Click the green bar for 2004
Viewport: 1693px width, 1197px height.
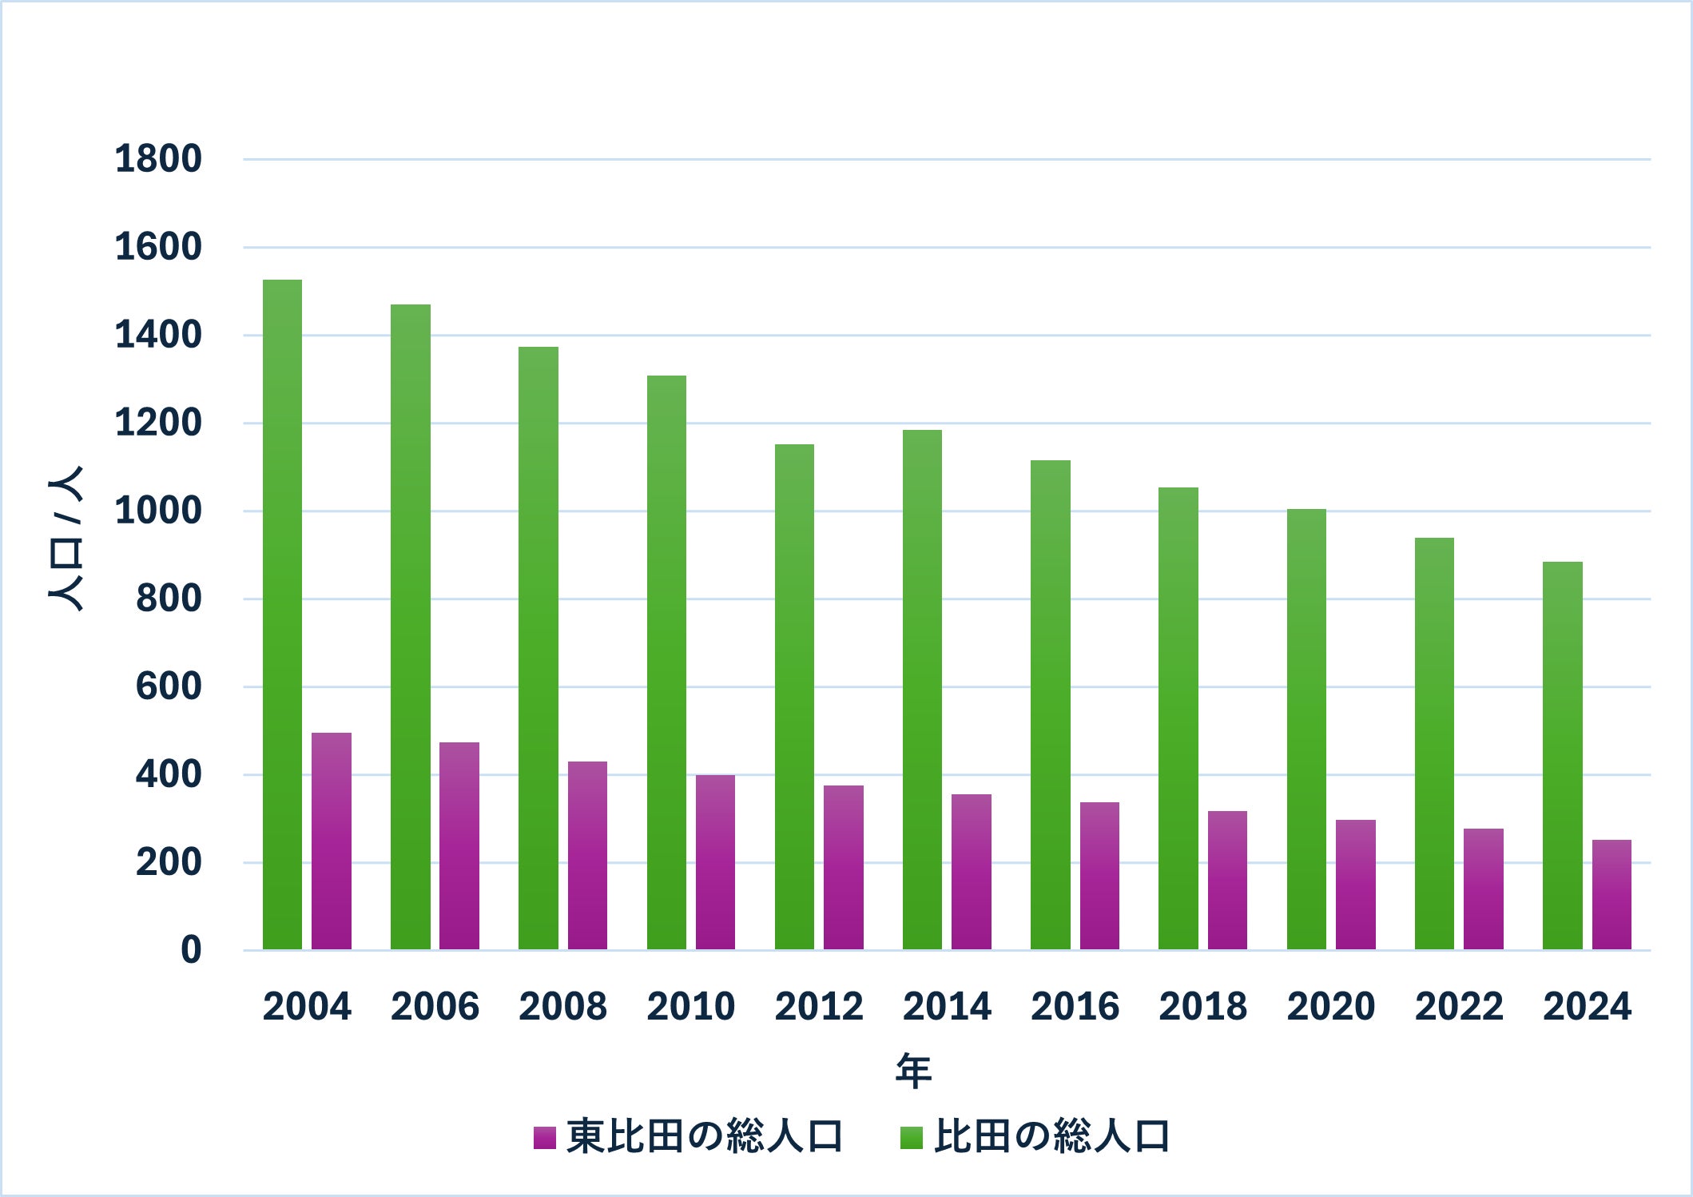click(282, 614)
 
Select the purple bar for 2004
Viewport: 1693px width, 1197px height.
click(331, 841)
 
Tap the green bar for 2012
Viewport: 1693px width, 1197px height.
click(794, 697)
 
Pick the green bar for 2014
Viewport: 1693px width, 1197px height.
click(922, 690)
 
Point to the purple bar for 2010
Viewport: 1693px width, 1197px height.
click(715, 862)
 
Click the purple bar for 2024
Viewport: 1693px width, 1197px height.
click(1612, 894)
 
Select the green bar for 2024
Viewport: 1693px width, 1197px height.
click(1562, 755)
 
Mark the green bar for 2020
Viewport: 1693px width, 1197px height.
click(1306, 729)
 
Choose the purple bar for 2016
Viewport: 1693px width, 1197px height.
click(1099, 876)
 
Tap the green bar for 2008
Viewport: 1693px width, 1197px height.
click(539, 648)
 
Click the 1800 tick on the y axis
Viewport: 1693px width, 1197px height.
click(158, 159)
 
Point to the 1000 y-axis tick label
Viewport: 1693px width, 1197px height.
click(158, 511)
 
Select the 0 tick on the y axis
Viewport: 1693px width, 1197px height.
click(191, 951)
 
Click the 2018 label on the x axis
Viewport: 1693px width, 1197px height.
click(1202, 1007)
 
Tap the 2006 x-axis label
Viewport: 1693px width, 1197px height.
click(435, 1007)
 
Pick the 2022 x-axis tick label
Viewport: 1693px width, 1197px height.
click(1459, 1007)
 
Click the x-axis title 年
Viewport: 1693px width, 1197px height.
click(913, 1071)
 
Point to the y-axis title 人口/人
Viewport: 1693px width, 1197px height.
click(66, 539)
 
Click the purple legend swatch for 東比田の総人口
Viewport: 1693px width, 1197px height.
click(544, 1137)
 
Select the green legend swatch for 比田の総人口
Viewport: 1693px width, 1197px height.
click(911, 1137)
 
